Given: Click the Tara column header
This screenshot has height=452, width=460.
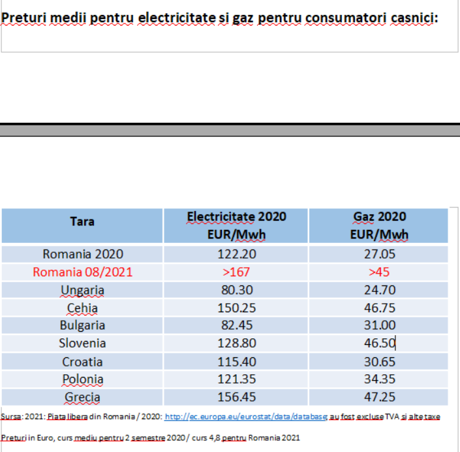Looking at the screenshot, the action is [82, 221].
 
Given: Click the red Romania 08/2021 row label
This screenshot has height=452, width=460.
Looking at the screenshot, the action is [82, 272].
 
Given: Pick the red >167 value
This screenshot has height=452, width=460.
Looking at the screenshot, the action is [236, 272].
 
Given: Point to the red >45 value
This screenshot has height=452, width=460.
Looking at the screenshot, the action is [379, 272].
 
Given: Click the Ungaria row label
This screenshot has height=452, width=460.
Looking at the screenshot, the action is [82, 290].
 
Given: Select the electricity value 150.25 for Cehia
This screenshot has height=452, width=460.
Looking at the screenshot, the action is [236, 308].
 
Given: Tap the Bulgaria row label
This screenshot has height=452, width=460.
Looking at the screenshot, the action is [82, 325].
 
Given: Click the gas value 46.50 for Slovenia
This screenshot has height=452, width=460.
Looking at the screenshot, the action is [380, 343].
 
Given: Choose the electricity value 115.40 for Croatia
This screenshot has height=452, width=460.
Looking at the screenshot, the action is [236, 362].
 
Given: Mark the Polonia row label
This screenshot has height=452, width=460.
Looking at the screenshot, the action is [83, 379].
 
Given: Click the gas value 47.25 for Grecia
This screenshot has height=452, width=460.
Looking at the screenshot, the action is [380, 397].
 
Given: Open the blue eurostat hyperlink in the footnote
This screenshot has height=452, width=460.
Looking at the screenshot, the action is [246, 417].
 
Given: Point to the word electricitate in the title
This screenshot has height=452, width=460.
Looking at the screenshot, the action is [177, 18].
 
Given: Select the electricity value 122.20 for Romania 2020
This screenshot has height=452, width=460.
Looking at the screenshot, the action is [236, 254].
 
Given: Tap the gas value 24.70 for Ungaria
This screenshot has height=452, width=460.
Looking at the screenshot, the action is [380, 290].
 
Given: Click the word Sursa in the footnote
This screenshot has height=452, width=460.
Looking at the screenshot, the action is [11, 417].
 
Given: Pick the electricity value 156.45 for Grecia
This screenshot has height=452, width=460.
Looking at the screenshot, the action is [236, 397].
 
